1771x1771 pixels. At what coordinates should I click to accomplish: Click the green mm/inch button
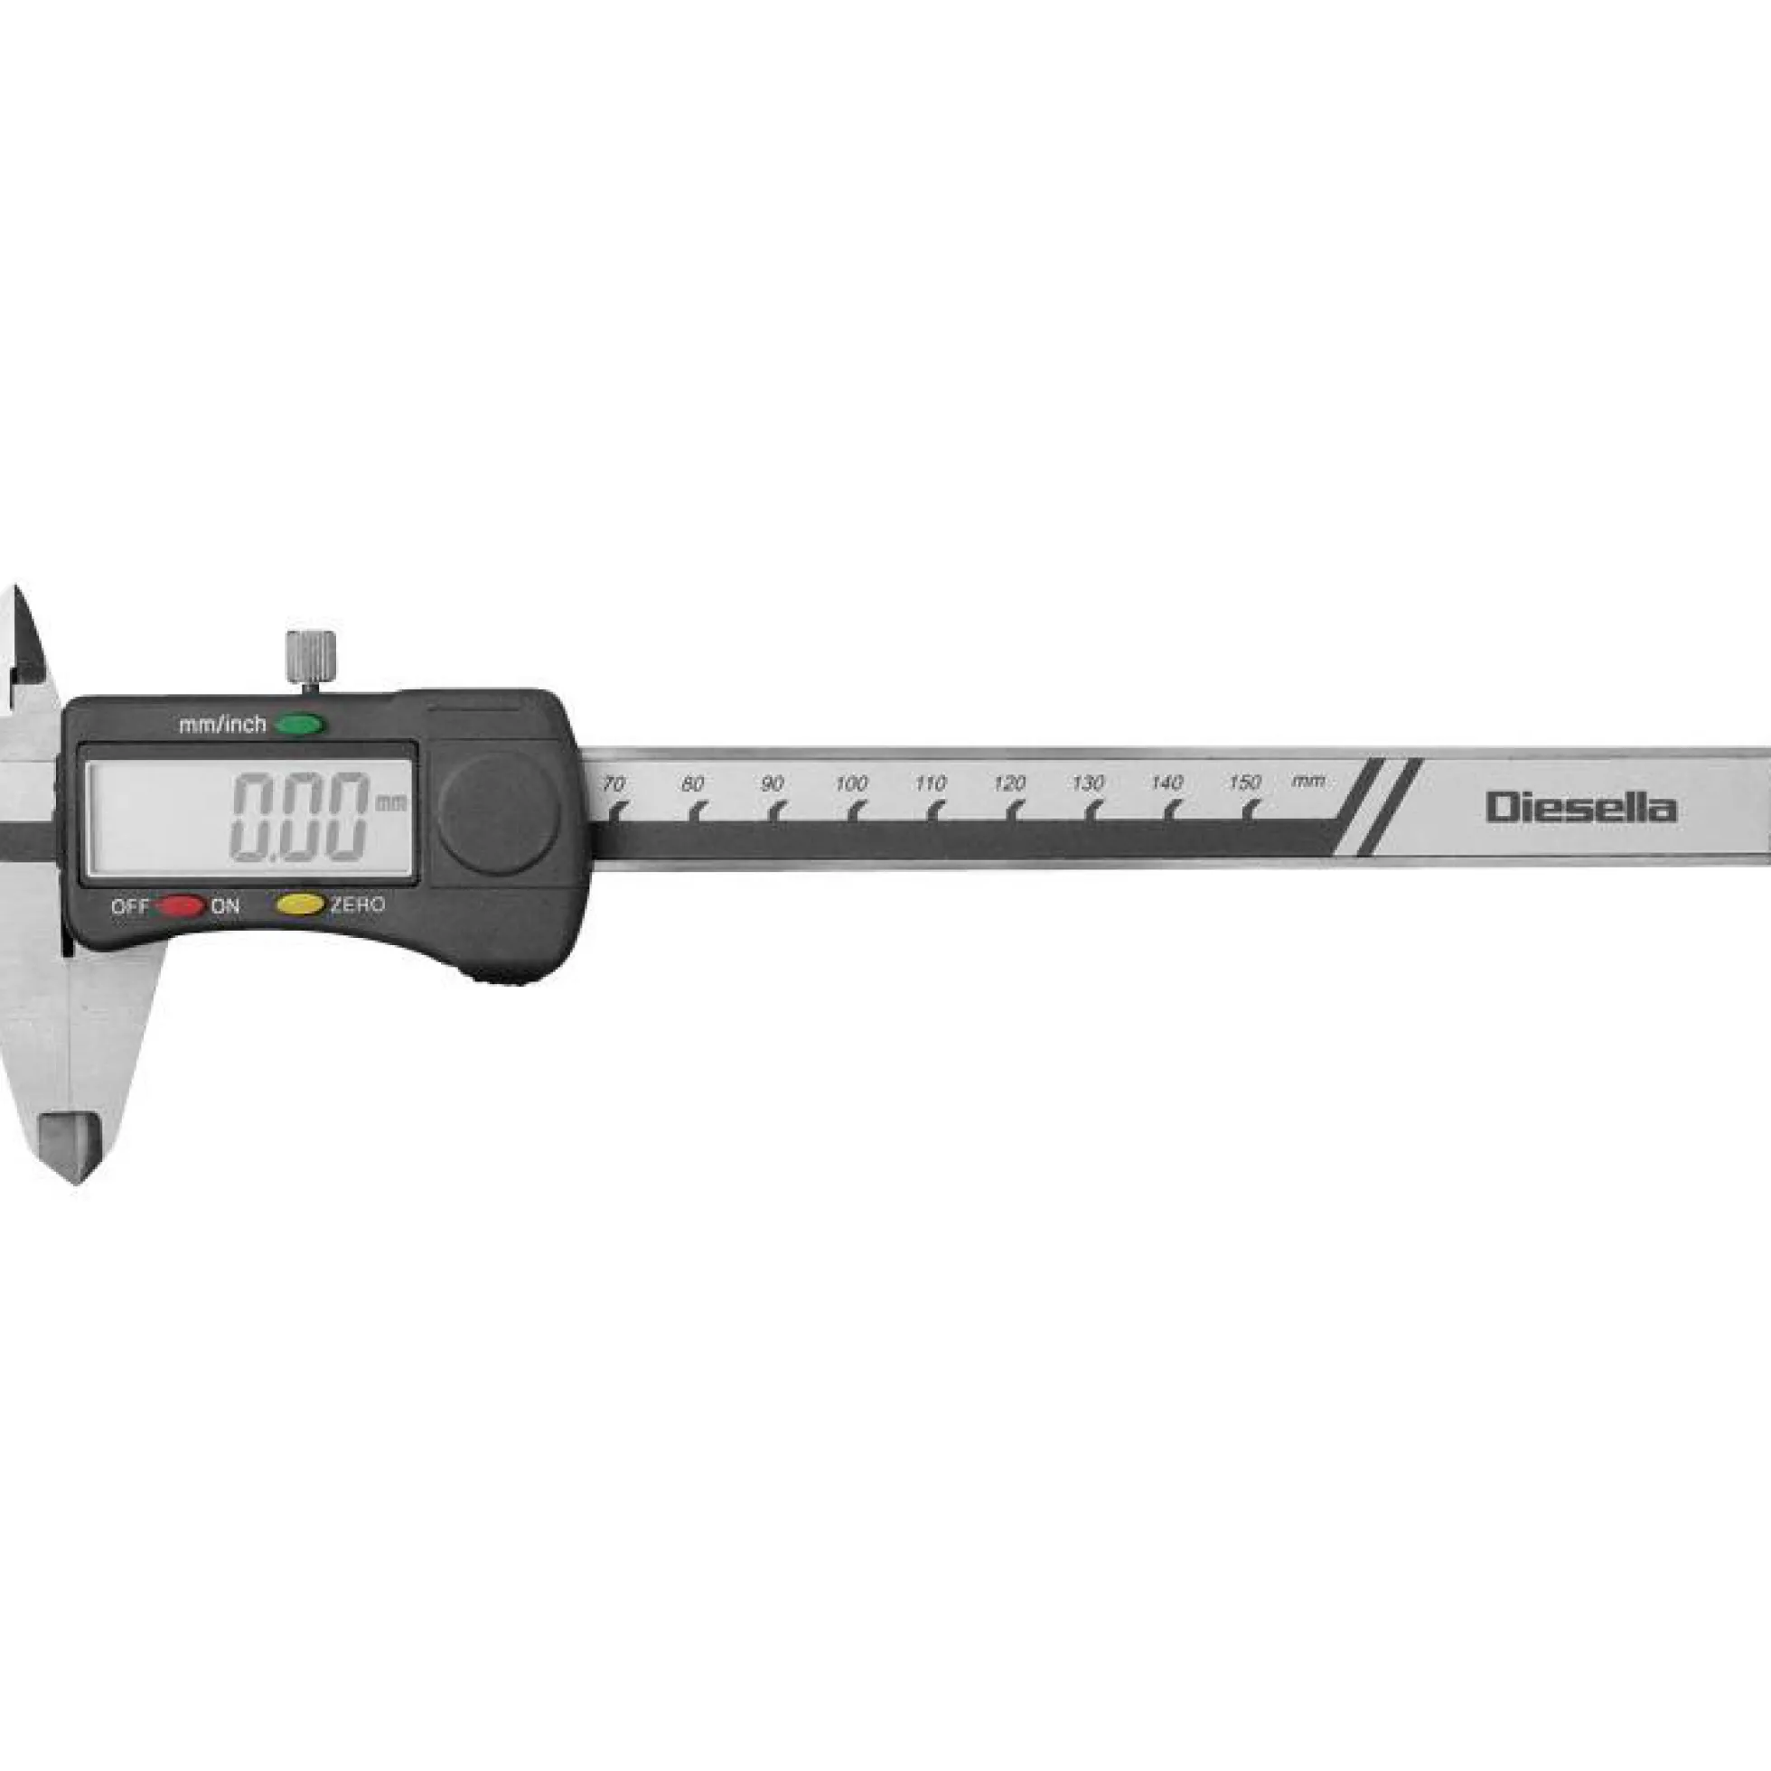click(299, 725)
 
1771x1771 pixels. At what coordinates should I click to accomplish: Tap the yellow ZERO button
click(300, 904)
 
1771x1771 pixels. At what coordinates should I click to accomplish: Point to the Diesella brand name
click(1581, 808)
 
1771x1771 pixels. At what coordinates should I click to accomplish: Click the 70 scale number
click(614, 783)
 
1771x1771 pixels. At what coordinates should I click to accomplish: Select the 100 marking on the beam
click(850, 783)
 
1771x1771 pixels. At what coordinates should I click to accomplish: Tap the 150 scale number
click(1245, 782)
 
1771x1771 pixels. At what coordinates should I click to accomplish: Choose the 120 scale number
click(1008, 783)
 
